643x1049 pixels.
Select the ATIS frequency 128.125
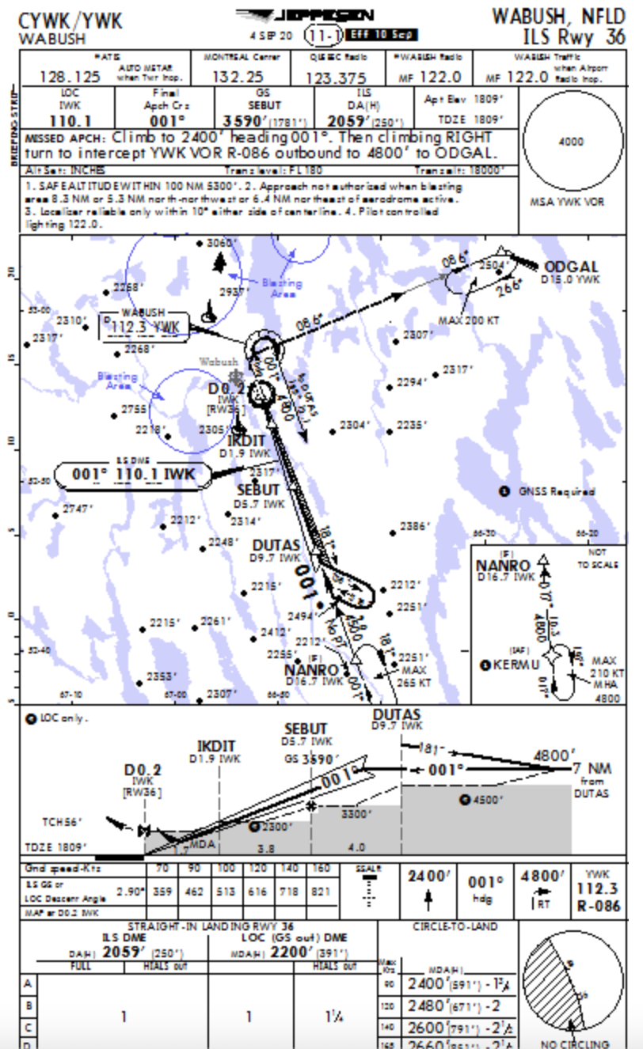tap(70, 77)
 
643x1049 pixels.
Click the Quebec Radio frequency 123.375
tap(336, 77)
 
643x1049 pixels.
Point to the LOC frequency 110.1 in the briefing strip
tap(70, 121)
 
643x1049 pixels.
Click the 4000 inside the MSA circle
tap(571, 142)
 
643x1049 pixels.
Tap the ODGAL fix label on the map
tap(571, 267)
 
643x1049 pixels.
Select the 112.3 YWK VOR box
tap(145, 327)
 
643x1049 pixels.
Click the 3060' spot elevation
tap(222, 243)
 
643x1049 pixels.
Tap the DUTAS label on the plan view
tap(276, 545)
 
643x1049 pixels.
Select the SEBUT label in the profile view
tap(306, 729)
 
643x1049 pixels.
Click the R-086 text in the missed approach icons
tap(598, 907)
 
